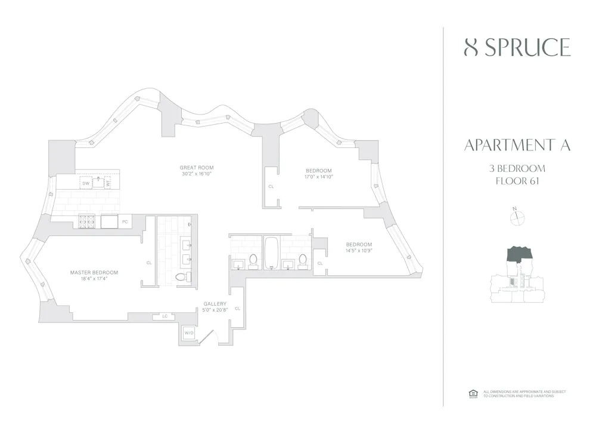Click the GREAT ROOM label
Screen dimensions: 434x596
click(x=197, y=167)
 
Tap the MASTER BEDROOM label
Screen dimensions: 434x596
click(x=94, y=272)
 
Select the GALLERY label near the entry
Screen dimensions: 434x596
click(x=215, y=303)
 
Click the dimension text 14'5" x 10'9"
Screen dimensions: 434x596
click(x=359, y=251)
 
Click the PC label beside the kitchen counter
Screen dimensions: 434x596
click(x=125, y=222)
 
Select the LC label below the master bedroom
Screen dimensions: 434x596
click(x=164, y=316)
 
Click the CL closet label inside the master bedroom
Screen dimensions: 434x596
click(x=148, y=262)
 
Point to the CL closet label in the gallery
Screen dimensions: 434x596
click(x=237, y=308)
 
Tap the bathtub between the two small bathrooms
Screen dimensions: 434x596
click(x=271, y=254)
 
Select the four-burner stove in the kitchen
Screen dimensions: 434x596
click(x=87, y=221)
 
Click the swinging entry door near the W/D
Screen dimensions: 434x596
click(x=209, y=338)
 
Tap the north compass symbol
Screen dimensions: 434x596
click(x=516, y=218)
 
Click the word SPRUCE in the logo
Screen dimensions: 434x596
click(x=527, y=47)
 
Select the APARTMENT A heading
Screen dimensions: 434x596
click(x=517, y=146)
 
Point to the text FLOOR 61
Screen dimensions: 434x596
click(x=517, y=181)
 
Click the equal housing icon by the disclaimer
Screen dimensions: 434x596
click(x=474, y=393)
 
